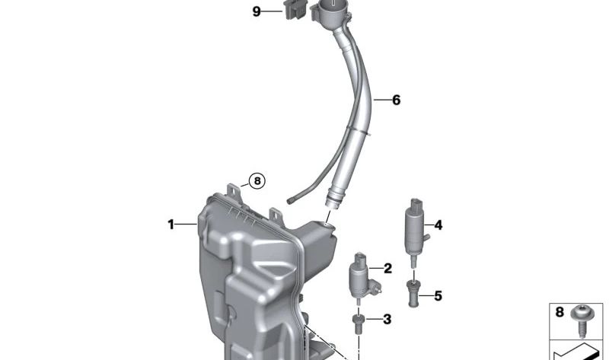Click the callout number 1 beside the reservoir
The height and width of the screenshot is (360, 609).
tap(171, 225)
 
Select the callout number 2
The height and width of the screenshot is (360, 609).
tap(387, 268)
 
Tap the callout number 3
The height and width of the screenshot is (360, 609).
tap(387, 319)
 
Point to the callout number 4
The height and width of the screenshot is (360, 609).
tap(438, 225)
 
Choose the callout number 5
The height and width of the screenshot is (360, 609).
tap(438, 295)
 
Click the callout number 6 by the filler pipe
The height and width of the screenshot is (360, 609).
tap(396, 100)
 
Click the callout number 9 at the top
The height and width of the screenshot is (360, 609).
tap(257, 11)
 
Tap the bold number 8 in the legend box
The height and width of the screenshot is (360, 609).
tap(560, 312)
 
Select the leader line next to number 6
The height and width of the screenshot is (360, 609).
tap(377, 100)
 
